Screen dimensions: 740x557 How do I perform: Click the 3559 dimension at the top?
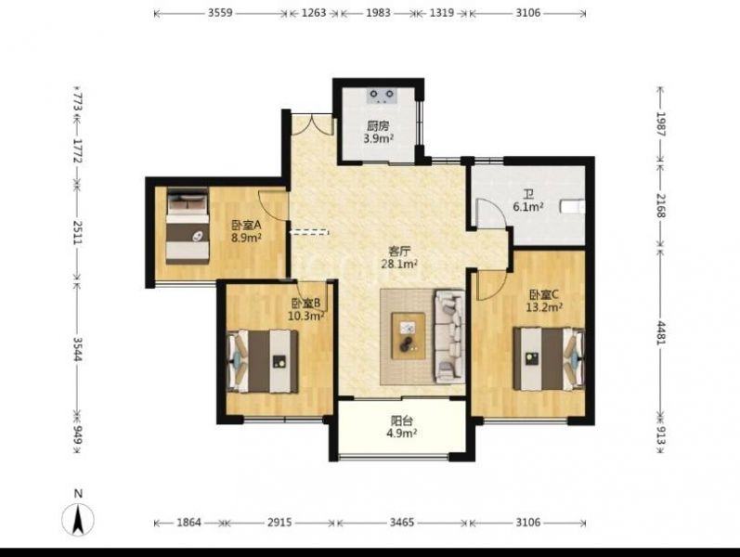click(220, 13)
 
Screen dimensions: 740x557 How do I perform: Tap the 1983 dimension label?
click(378, 13)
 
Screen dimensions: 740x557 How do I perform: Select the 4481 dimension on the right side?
click(660, 332)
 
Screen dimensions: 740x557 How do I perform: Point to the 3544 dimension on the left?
click(78, 348)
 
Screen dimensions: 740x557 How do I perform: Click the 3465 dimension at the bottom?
click(402, 522)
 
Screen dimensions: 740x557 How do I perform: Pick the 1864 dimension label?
click(188, 522)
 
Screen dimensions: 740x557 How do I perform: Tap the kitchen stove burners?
click(382, 96)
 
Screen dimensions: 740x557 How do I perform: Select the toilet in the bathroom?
click(573, 207)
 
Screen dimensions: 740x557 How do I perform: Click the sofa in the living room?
click(449, 336)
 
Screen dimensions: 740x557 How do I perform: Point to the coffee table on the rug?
click(409, 336)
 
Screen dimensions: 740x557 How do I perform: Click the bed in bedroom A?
click(188, 226)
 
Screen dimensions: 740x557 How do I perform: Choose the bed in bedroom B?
click(263, 361)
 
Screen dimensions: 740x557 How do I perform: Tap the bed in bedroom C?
click(550, 358)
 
